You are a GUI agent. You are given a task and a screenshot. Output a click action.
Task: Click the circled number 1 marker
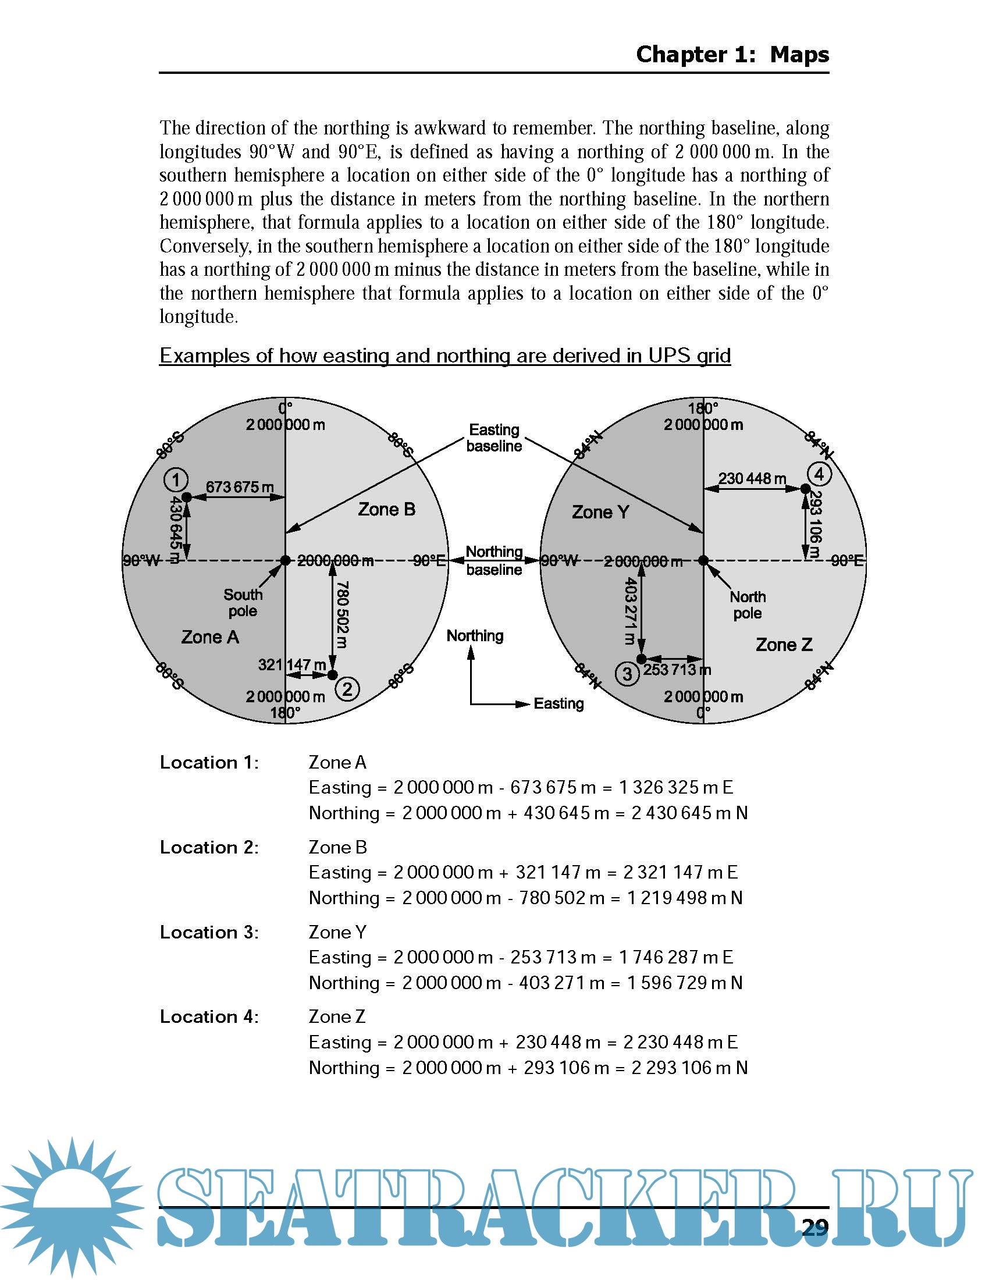coord(175,480)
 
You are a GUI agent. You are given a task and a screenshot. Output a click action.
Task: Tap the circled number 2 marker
coord(347,689)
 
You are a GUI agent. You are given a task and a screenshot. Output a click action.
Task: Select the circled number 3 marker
coord(627,673)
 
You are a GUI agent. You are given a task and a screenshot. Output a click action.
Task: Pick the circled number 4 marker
coord(819,474)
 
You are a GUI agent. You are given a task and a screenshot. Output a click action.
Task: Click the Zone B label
coord(387,509)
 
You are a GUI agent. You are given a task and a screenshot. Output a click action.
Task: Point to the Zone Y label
coord(600,512)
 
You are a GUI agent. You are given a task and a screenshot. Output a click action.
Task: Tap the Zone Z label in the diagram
coord(784,645)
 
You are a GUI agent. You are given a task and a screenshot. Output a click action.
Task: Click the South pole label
coord(243,603)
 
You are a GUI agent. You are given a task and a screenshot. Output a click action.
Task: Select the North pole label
coord(748,605)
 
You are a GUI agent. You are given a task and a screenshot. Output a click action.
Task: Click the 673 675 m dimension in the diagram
coord(240,487)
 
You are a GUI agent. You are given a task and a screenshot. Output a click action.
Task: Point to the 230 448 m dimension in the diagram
coord(752,478)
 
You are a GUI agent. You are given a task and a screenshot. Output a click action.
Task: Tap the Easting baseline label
coord(494,438)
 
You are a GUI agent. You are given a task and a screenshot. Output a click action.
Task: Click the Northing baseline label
coord(494,560)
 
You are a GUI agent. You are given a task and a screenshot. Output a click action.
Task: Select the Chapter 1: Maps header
coord(732,55)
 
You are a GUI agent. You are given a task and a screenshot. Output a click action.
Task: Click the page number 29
coord(814,1226)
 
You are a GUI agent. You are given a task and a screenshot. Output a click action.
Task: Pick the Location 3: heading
coord(209,932)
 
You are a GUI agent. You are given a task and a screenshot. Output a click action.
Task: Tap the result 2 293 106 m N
coord(689,1067)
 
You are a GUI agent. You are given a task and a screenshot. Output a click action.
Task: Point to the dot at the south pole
coord(285,561)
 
